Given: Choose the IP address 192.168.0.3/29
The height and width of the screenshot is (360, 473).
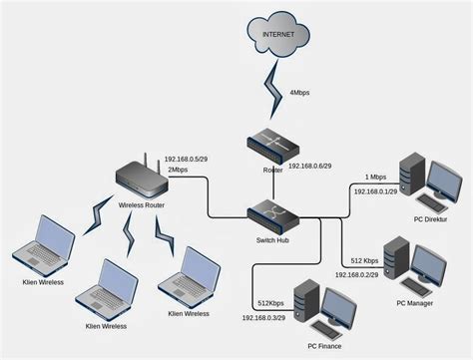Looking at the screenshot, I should pos(266,317).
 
